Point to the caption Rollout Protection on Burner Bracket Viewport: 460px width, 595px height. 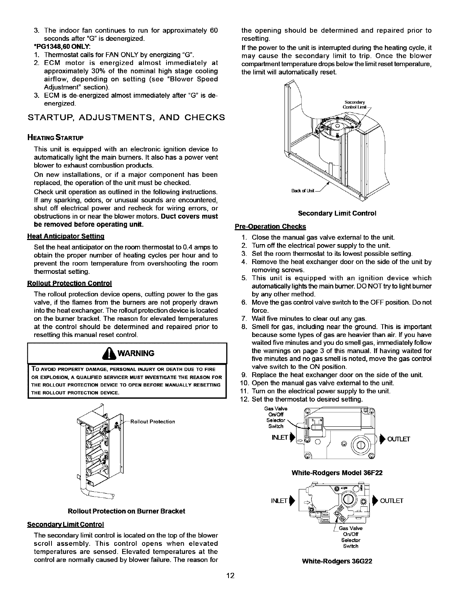pos(126,511)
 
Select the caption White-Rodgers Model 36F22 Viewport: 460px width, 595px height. pos(337,473)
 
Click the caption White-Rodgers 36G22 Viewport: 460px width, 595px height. pos(337,562)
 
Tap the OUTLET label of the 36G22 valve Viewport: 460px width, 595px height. pos(392,500)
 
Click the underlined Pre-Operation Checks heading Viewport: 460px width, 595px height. pos(270,227)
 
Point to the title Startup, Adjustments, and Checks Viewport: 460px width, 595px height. pos(127,117)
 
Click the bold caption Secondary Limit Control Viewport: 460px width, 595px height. pos(337,213)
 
